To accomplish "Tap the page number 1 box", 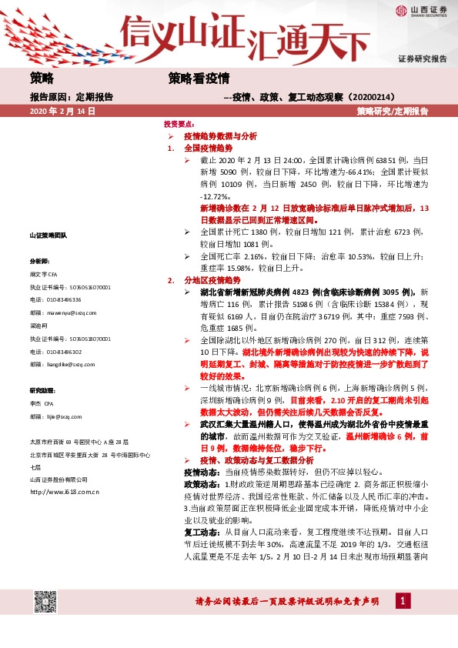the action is tap(402, 600).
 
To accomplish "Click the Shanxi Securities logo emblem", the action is tap(401, 10).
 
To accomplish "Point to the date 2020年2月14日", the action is tap(62, 111).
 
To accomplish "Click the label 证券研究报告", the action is tap(423, 58).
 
